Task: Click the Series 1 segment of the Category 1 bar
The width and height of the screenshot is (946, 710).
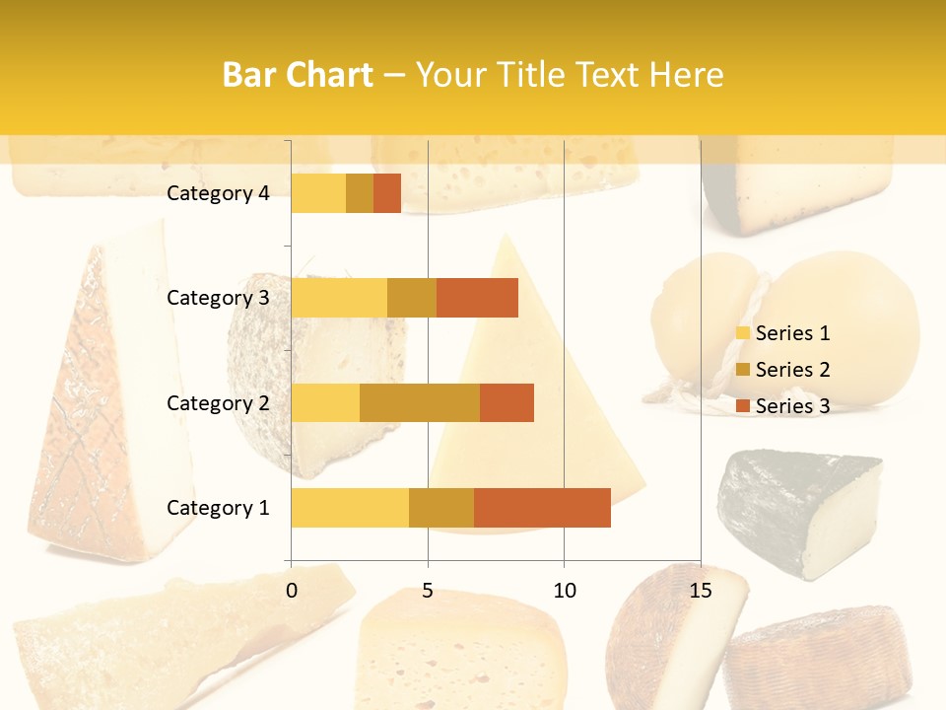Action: [350, 508]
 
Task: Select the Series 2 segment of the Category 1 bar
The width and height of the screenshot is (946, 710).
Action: [441, 508]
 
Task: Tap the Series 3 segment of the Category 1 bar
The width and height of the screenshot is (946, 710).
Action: [542, 508]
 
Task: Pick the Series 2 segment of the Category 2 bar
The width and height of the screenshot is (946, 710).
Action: [420, 402]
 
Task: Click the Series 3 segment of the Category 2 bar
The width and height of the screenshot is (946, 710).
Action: [507, 402]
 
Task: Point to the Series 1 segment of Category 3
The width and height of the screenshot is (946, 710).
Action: [339, 298]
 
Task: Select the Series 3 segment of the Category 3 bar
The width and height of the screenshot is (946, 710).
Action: [477, 298]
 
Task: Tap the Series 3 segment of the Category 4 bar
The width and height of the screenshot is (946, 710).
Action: [387, 193]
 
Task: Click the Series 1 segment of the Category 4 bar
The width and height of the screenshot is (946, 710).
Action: [318, 193]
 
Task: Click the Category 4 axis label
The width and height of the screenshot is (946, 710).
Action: [218, 193]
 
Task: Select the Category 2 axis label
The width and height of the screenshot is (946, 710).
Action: [218, 402]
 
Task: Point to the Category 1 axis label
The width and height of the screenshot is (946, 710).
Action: [218, 508]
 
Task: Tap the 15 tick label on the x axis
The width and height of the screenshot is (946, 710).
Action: [700, 591]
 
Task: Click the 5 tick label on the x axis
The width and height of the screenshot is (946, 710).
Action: [428, 591]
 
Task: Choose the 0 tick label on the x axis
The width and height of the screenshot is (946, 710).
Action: [292, 591]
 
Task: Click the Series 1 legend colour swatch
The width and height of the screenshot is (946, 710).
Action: [743, 333]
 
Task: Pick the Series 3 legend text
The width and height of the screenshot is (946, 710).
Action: [792, 406]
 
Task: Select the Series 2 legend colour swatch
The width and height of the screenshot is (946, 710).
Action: [743, 370]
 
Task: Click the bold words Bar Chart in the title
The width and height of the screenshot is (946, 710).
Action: [298, 75]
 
